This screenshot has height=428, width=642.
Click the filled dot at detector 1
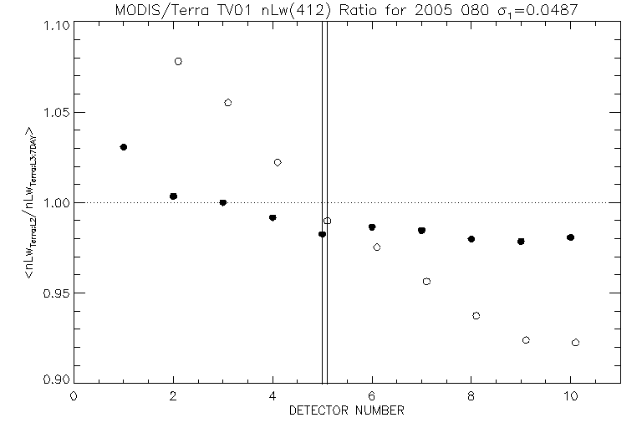[124, 147]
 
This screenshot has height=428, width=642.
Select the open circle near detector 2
[178, 61]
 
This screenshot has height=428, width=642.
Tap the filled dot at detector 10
[570, 237]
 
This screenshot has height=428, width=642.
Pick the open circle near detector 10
[575, 343]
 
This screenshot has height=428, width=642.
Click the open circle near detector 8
[476, 316]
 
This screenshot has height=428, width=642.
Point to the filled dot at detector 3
[223, 202]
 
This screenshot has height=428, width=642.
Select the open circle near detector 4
[278, 162]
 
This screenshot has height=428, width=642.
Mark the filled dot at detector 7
[421, 230]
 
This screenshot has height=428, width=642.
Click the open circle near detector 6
[377, 247]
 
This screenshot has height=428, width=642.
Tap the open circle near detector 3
[227, 102]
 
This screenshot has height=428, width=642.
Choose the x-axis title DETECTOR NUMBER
[347, 410]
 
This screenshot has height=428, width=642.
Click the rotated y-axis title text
[31, 203]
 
